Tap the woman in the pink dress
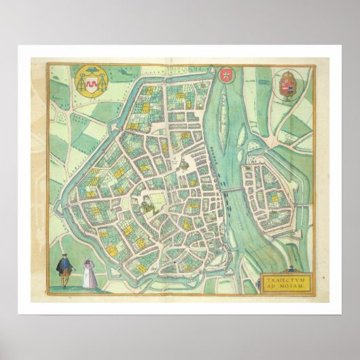tap(88, 274)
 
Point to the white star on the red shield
tap(226, 73)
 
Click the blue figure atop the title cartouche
tap(290, 269)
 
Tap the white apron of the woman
tap(88, 278)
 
